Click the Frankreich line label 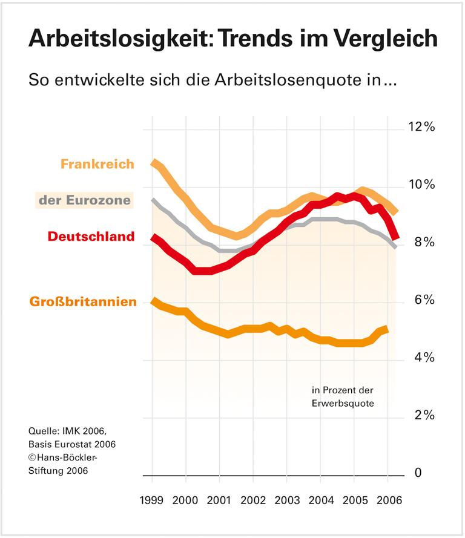point(97,164)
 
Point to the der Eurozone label point(84,200)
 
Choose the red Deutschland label point(91,236)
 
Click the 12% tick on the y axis point(420,127)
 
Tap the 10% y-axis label point(420,185)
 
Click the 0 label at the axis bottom point(418,473)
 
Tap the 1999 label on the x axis point(152,501)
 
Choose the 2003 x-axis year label point(287,501)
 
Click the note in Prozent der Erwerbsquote point(343,396)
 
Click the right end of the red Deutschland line point(395,237)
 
